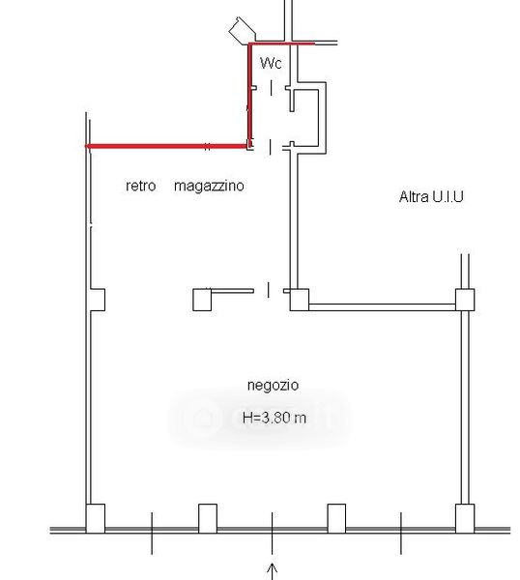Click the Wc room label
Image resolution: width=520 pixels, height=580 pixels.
271,63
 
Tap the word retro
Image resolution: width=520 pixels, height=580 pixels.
140,186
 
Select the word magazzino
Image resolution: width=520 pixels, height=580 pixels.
209,186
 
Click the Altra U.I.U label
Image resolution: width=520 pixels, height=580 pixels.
431,196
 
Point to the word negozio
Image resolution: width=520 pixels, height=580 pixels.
273,386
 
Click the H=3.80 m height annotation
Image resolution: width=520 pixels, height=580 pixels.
274,418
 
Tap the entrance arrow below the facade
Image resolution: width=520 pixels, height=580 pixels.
273,571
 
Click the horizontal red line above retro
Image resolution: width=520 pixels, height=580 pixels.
166,147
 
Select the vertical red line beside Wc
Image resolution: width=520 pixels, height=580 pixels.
250,95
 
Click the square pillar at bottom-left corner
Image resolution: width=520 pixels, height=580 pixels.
96,518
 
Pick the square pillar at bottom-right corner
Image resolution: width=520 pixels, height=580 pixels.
465,518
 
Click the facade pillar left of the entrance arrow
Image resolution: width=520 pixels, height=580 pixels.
208,518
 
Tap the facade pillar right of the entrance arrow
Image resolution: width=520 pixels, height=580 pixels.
336,518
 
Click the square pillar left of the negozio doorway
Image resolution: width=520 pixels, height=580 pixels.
202,300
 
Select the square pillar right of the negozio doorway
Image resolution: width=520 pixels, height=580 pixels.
300,300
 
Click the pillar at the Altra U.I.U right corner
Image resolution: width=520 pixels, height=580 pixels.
465,300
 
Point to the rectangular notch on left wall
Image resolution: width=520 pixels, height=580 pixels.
98,300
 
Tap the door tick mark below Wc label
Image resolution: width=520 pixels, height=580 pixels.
271,88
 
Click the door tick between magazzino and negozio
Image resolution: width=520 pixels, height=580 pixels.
269,290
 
